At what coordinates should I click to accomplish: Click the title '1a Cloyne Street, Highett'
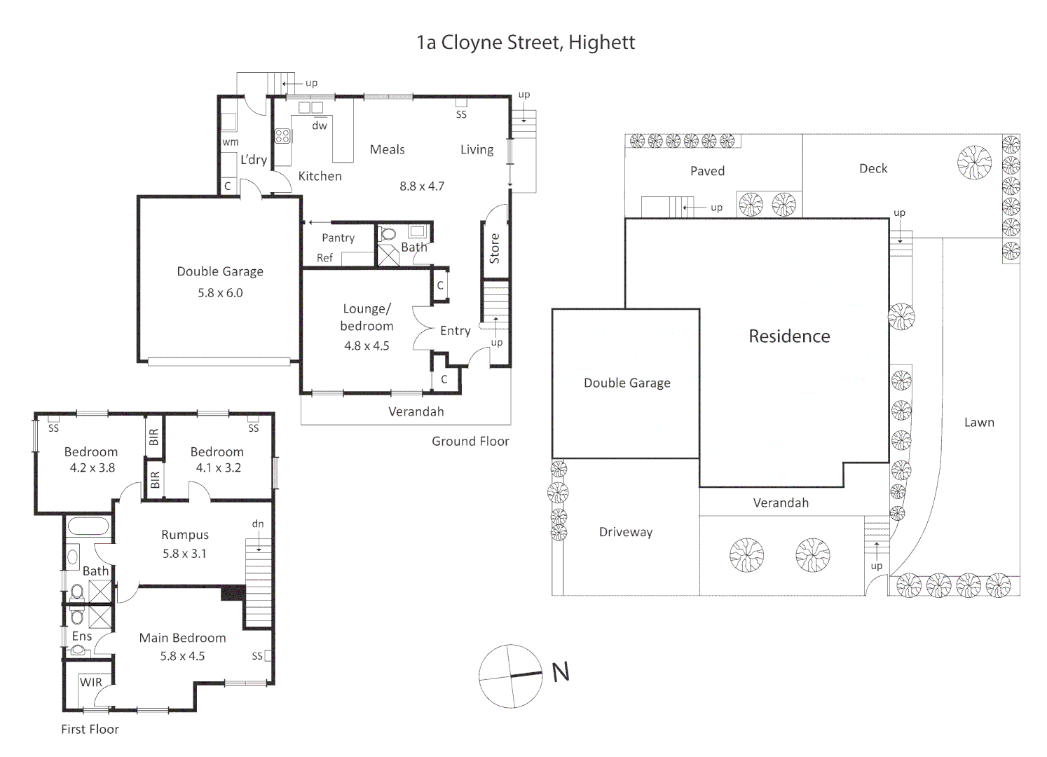[526, 43]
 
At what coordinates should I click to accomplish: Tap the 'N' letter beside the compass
[561, 672]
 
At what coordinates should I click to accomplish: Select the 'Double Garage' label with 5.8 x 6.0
[220, 271]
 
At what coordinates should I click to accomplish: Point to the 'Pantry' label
[338, 238]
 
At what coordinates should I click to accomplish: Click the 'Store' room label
[495, 248]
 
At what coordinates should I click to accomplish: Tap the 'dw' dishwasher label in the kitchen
[320, 125]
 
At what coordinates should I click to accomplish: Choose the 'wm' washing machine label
[231, 142]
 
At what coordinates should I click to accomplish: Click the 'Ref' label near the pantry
[324, 258]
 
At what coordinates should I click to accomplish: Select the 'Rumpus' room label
[185, 535]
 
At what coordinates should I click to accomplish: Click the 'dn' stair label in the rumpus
[258, 524]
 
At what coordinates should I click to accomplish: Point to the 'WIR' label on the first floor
[90, 682]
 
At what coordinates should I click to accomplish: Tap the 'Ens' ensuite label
[82, 636]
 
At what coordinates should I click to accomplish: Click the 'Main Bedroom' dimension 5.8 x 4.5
[182, 656]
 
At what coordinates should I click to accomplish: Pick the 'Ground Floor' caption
[470, 441]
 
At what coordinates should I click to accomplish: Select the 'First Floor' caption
[90, 729]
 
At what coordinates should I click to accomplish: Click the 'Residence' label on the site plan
[789, 336]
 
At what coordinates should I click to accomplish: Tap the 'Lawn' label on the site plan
[979, 422]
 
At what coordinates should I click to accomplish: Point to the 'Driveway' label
[626, 532]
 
